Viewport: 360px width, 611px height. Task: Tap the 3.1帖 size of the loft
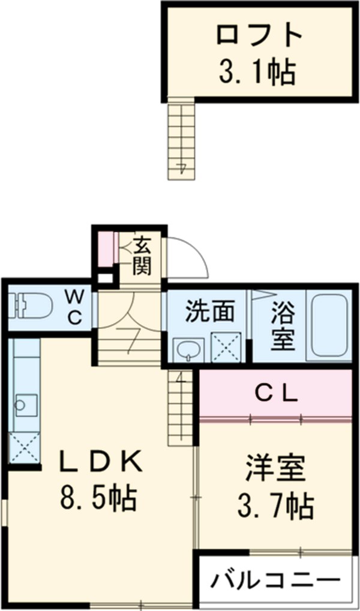click(x=256, y=72)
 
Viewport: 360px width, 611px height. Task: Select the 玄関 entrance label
click(x=142, y=256)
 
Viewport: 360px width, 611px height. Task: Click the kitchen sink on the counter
click(x=24, y=402)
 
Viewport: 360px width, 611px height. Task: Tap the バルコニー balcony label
click(x=275, y=580)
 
